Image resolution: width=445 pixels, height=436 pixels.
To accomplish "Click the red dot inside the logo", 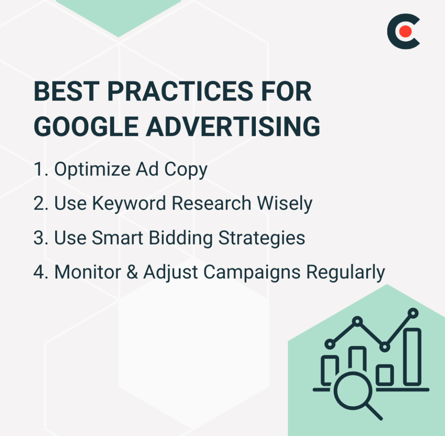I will click(405, 31).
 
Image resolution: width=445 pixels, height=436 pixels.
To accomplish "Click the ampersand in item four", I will click(131, 272).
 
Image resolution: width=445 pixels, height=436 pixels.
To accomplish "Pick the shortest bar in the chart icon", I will click(385, 374).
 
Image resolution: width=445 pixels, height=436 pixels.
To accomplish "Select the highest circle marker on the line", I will click(413, 313).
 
